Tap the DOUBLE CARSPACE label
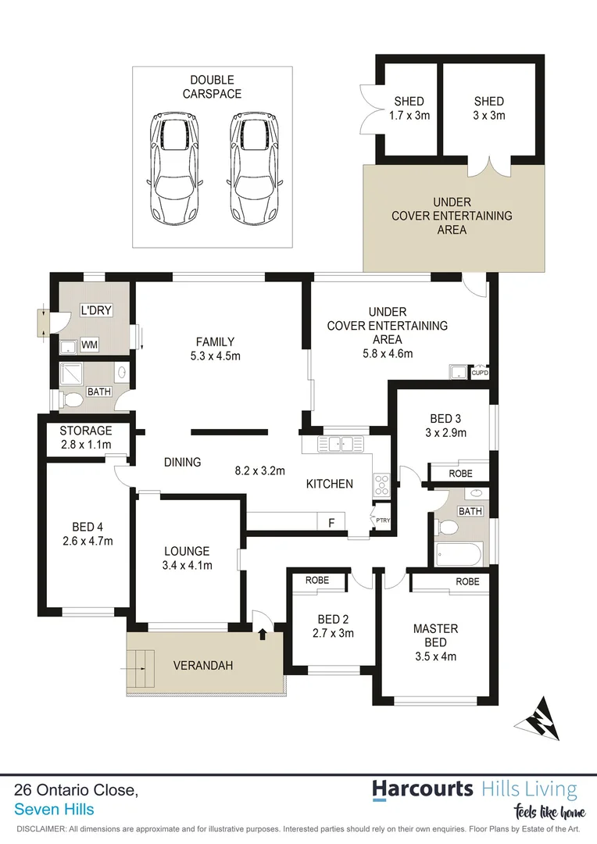212,87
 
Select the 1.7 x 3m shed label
409,108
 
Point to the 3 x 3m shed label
489,108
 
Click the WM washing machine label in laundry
90,344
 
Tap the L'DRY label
97,311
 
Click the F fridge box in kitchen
331,522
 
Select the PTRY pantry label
382,520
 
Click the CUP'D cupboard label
480,373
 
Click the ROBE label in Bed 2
316,581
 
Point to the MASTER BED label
435,635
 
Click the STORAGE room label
86,438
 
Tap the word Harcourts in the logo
423,789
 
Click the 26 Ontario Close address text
77,790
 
